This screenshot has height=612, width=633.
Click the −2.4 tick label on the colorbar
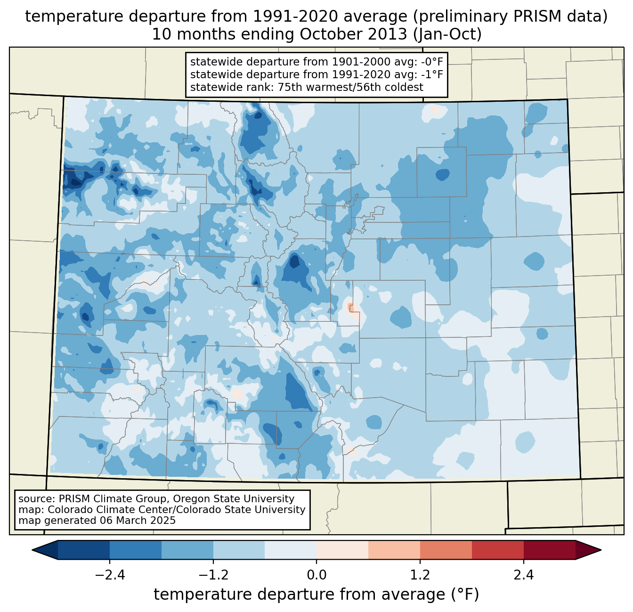[110, 575]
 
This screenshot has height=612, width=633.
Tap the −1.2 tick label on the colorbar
[213, 575]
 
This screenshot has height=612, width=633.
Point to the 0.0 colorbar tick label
[316, 575]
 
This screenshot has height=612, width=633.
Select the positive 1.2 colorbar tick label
[420, 575]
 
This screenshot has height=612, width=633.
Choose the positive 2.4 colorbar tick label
[523, 575]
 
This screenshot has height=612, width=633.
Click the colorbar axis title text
[316, 595]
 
